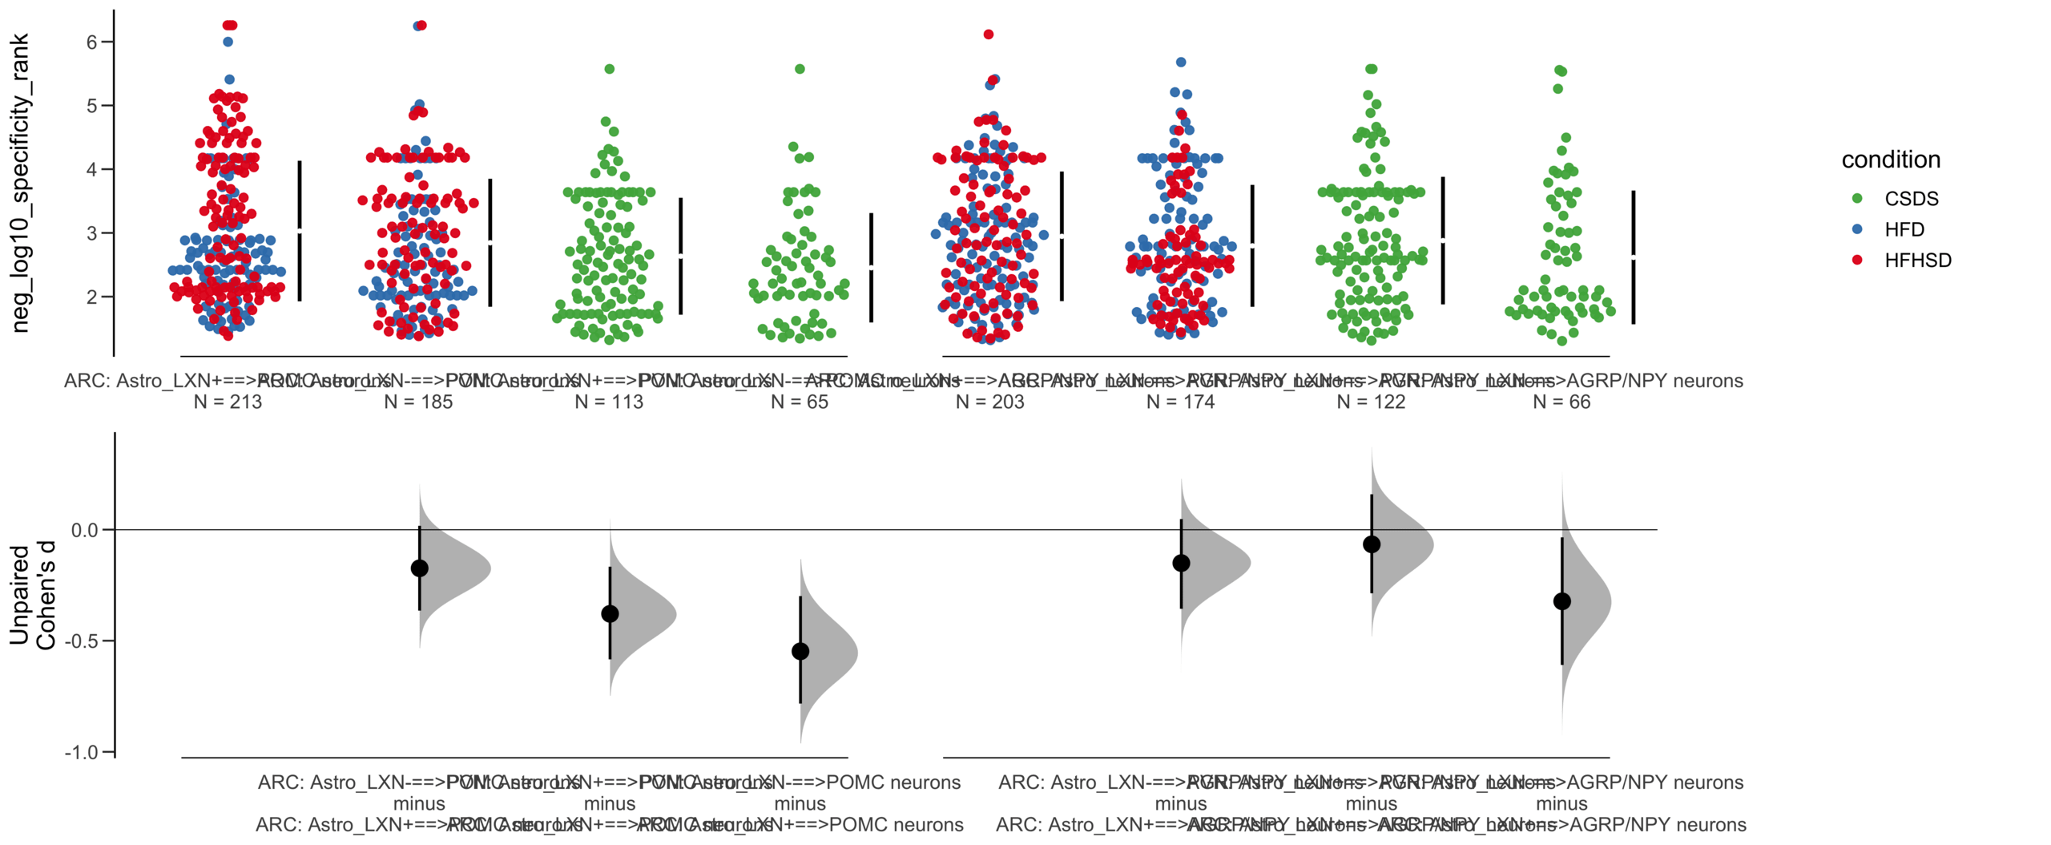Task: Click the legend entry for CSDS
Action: pos(1910,198)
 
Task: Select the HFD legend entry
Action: pos(1904,229)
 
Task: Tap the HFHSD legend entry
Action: pos(1916,260)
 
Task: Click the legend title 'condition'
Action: pos(1890,160)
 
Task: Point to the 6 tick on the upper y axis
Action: pos(92,42)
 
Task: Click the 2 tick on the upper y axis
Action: pos(92,297)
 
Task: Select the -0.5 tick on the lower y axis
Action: pos(84,641)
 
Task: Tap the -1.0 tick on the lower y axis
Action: pos(84,752)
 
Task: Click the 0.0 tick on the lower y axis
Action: pos(84,530)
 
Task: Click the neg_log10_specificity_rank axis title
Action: pos(20,183)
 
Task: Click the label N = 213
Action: pos(228,402)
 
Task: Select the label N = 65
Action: pos(799,402)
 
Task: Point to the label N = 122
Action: pos(1371,402)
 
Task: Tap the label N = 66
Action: pos(1561,402)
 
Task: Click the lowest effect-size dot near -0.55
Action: pos(800,651)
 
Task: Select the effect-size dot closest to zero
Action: pos(1371,544)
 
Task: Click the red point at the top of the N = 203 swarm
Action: pos(989,34)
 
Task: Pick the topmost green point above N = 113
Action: pos(609,69)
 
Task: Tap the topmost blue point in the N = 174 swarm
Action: pos(1180,62)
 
